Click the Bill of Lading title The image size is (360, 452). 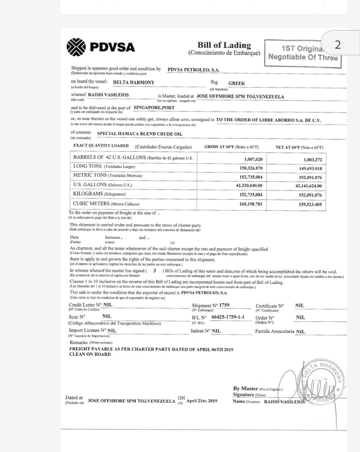point(224,45)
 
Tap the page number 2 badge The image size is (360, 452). point(337,45)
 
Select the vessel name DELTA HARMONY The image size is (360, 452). point(133,82)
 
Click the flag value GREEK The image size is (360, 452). point(236,83)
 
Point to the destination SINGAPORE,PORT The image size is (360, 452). point(154,107)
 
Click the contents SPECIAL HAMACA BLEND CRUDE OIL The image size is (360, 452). point(140,134)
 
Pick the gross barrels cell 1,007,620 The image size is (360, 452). point(251,159)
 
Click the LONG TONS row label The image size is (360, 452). point(88,166)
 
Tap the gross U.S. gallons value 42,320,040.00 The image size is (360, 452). point(249,185)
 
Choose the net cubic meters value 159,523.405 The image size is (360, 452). point(310,204)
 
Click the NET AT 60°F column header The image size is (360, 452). point(299,148)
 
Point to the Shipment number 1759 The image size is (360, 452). point(224,305)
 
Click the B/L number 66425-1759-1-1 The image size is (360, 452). point(228,317)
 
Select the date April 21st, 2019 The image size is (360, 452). point(202,401)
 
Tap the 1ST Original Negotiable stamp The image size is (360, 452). point(302,53)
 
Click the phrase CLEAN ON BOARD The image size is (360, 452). point(90,354)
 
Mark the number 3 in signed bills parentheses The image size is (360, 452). point(155,270)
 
